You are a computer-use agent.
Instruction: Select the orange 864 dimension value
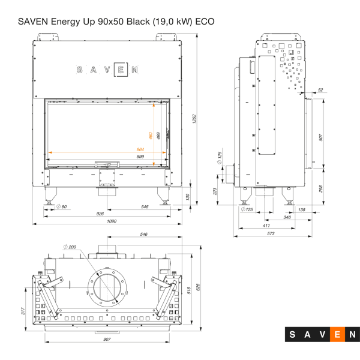pos(140,149)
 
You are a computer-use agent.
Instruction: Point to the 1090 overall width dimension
pos(112,221)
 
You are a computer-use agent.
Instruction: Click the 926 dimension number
pos(101,214)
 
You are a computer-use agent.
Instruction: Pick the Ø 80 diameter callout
pos(61,206)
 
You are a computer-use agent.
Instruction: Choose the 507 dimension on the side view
pos(322,137)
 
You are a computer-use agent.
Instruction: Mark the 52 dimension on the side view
pos(320,90)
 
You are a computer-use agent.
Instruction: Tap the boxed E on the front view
pos(121,70)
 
